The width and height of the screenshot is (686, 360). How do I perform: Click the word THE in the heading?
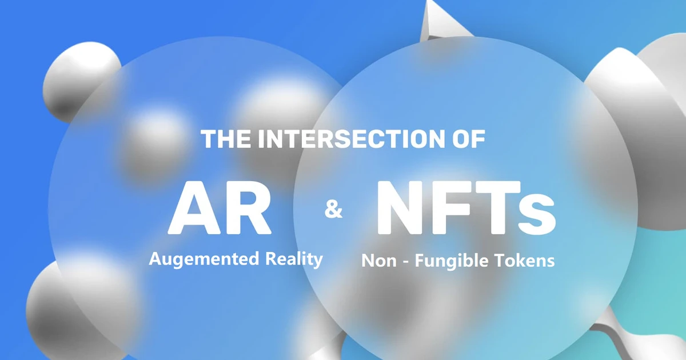coord(225,139)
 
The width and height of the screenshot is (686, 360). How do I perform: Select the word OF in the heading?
coord(465,139)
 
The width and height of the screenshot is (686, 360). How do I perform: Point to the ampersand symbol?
coord(333,210)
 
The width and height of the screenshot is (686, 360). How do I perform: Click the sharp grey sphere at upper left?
coord(80,80)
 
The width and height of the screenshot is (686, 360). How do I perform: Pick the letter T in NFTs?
coord(495,207)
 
